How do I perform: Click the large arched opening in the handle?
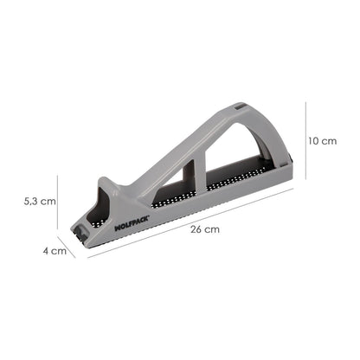pos(229,156)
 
